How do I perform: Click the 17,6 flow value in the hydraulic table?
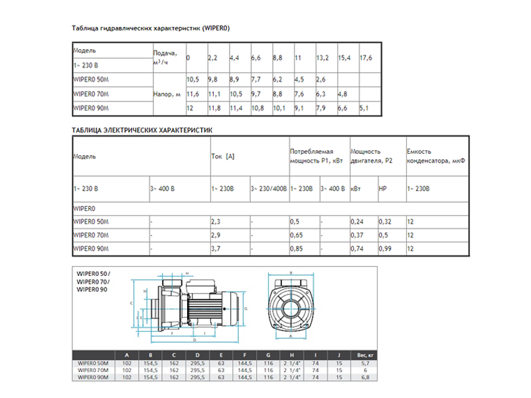366,58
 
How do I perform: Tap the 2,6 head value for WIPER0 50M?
321,80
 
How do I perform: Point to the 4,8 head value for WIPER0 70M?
342,94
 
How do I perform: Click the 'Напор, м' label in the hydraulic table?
167,94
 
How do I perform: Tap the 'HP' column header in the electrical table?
382,189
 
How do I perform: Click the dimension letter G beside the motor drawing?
246,309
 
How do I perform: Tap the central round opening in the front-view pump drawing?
290,309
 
